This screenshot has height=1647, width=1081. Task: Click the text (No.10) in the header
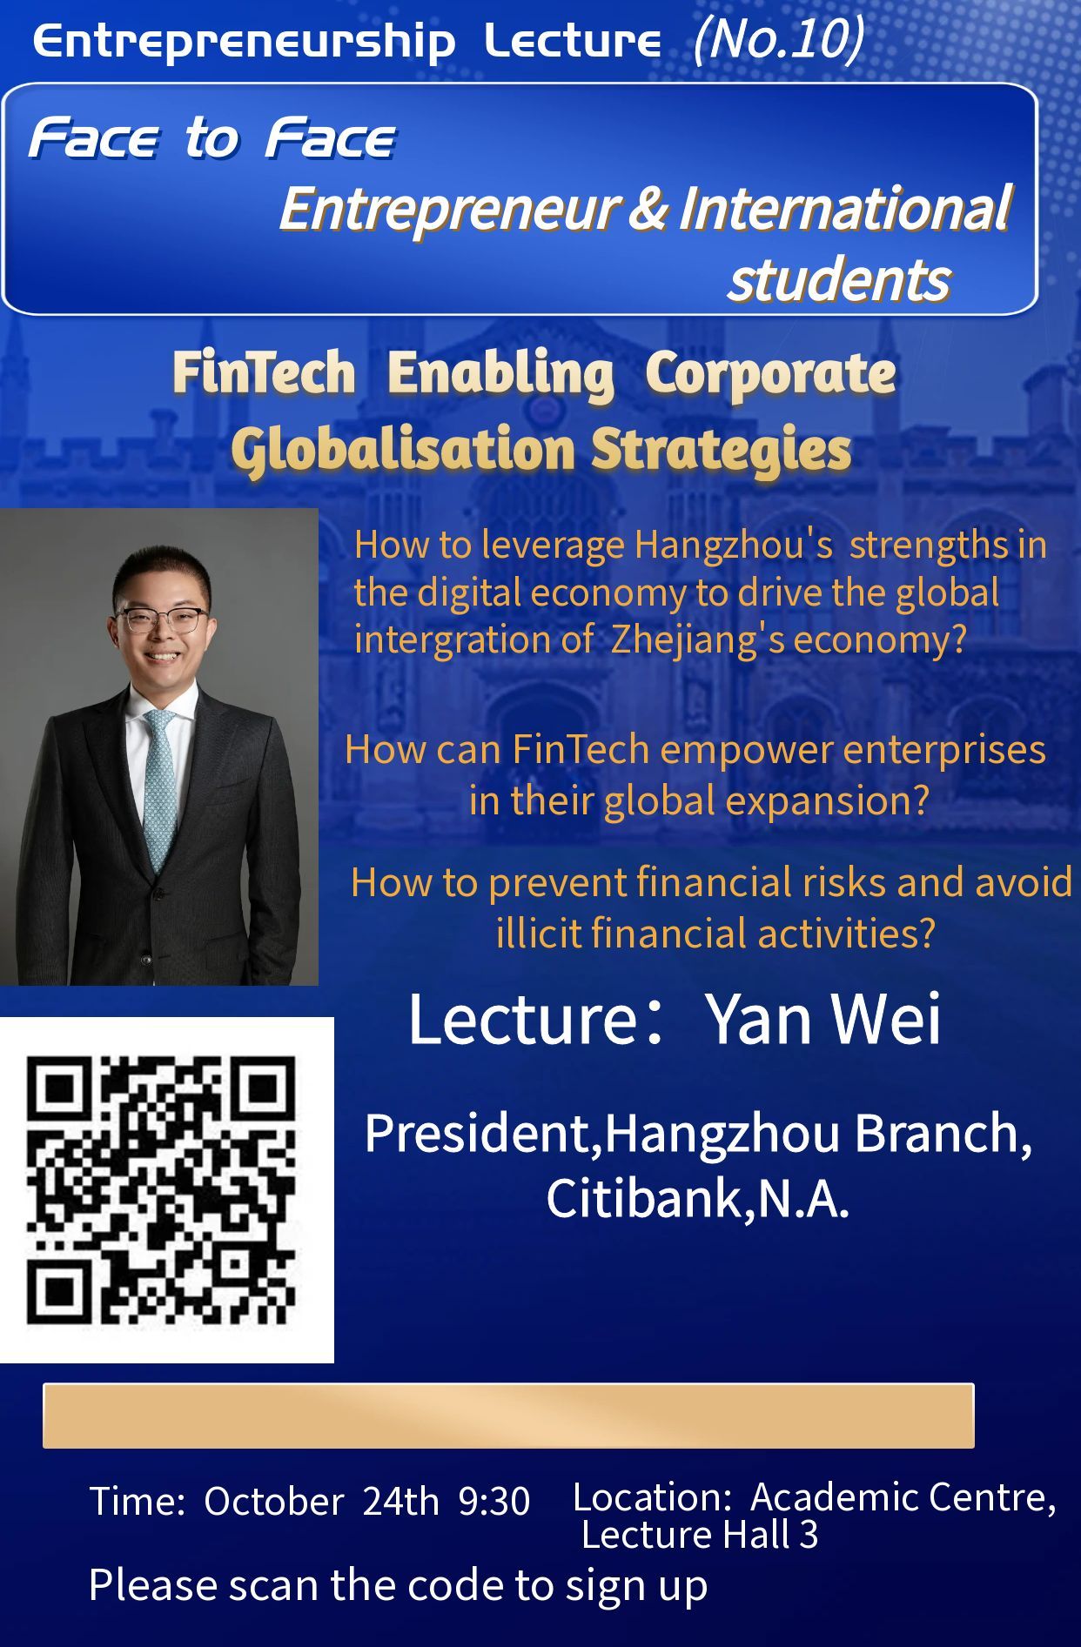779,40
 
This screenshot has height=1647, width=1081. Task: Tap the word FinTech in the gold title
264,373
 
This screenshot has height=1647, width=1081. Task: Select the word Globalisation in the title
403,450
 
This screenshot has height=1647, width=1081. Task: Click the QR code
162,1190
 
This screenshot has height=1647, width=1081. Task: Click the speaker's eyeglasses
164,620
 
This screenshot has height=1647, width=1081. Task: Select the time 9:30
494,1501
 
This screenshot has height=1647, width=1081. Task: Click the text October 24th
321,1501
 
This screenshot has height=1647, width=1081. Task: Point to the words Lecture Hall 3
700,1535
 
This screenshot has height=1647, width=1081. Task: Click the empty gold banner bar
508,1416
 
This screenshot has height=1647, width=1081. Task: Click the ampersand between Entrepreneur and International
648,209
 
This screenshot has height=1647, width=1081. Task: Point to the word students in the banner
839,280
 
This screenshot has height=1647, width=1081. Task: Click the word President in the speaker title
479,1134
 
